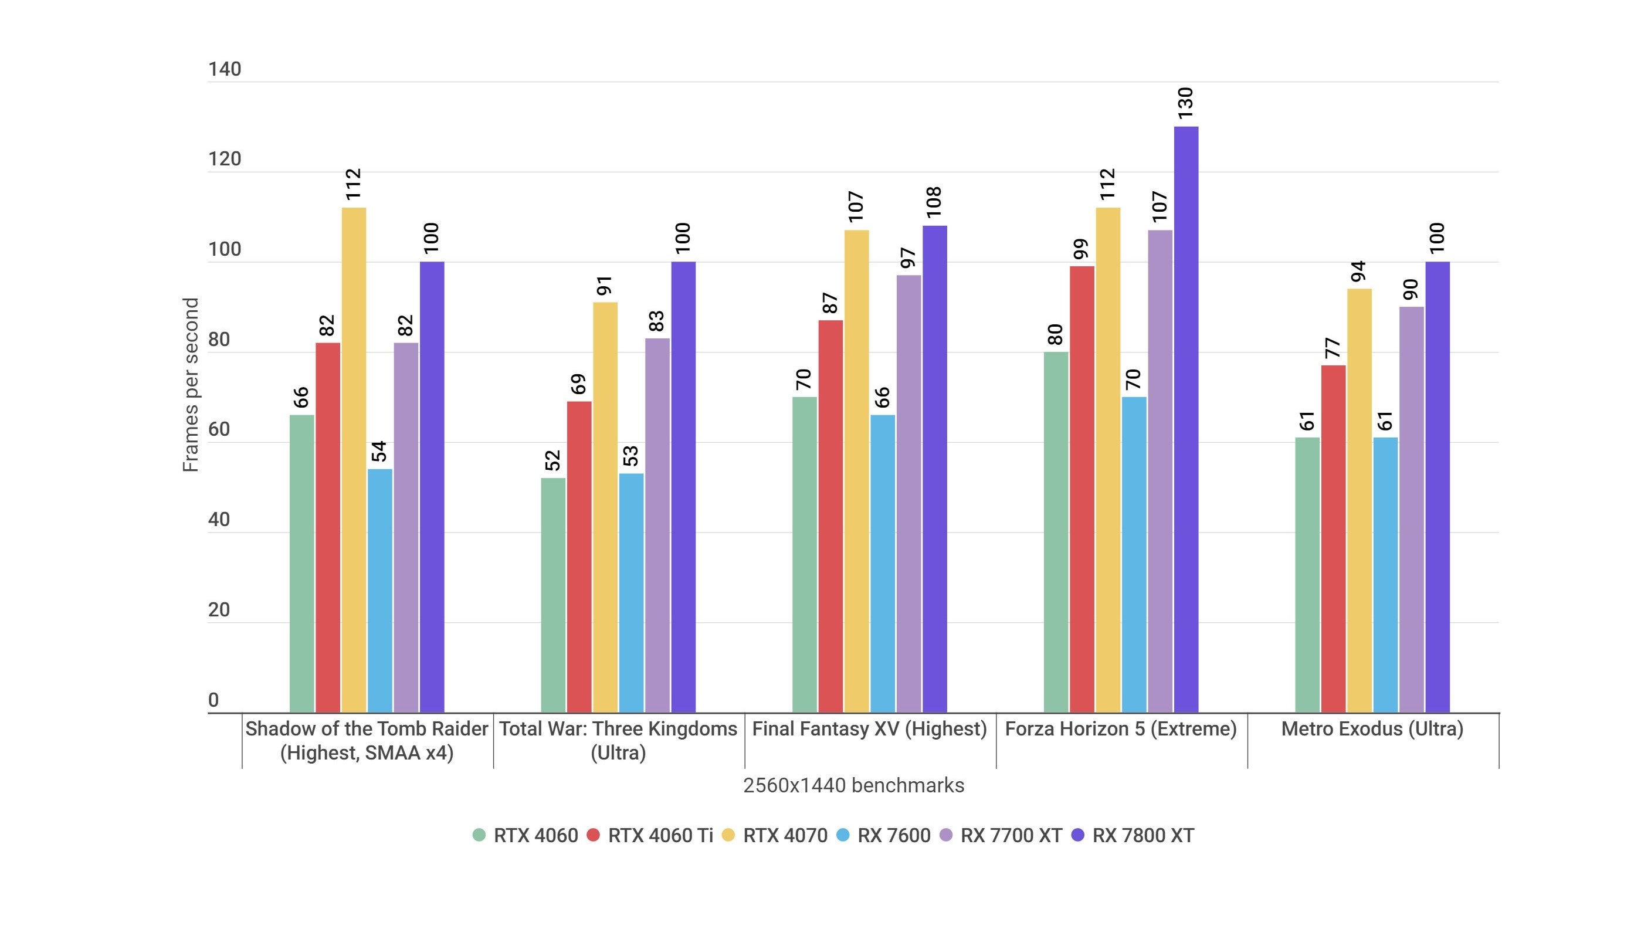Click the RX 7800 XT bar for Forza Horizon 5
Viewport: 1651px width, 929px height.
click(x=1186, y=420)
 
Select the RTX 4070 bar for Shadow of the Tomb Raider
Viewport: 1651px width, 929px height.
click(x=354, y=460)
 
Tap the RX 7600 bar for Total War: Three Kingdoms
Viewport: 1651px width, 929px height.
click(x=631, y=592)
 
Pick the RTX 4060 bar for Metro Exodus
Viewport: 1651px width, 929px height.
click(x=1307, y=575)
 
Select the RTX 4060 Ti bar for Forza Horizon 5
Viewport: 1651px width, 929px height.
click(x=1082, y=489)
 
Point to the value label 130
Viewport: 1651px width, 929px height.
click(x=1186, y=103)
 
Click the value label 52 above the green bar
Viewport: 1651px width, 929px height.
click(x=552, y=460)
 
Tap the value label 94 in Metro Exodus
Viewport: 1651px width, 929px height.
click(x=1358, y=271)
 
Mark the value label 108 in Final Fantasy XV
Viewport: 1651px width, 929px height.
click(x=934, y=201)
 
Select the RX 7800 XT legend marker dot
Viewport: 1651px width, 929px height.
click(x=1078, y=835)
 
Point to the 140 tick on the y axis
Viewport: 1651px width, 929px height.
click(x=224, y=69)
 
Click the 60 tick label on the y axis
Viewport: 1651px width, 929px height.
click(x=219, y=429)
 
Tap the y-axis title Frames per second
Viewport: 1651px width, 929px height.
click(x=191, y=384)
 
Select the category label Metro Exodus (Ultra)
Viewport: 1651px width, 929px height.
click(x=1372, y=728)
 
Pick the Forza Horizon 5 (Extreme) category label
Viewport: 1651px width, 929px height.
click(x=1120, y=728)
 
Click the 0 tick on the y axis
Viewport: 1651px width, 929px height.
click(x=213, y=700)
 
